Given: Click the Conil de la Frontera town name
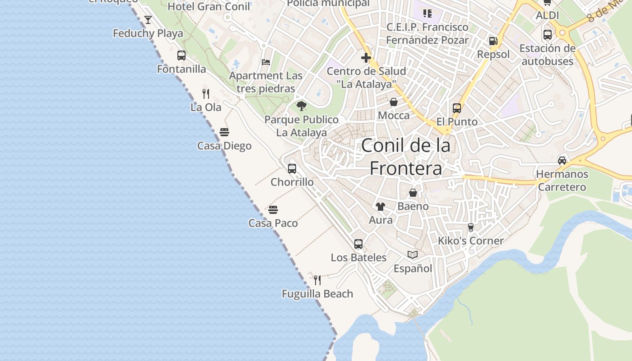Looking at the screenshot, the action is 406,157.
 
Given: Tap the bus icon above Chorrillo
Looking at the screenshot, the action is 292,169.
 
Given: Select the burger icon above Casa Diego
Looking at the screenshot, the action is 224,132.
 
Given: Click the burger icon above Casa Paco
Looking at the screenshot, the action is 273,210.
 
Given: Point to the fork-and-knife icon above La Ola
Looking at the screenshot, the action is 206,94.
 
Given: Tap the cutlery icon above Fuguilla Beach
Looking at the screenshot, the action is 317,280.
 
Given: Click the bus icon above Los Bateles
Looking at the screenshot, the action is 358,244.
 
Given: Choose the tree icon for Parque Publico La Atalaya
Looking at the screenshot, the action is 302,106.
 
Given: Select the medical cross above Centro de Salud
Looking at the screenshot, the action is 366,58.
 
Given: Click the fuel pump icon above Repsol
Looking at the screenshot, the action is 493,41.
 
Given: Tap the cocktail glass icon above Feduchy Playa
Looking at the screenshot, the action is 148,20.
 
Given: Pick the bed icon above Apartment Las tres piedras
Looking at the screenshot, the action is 266,62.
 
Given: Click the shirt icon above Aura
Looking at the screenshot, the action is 381,207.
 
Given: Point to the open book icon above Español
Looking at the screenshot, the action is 413,255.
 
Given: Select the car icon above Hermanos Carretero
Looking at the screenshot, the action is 562,161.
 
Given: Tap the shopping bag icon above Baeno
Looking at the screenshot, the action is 413,193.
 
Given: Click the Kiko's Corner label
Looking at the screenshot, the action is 470,241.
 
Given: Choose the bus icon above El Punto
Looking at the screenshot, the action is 457,108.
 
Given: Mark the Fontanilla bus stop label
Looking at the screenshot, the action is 181,69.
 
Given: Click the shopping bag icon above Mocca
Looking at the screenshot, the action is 394,102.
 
